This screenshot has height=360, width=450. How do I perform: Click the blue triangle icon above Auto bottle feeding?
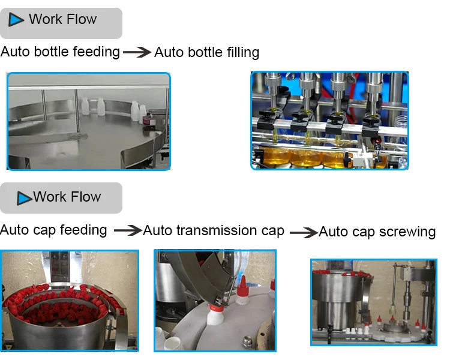(x=17, y=20)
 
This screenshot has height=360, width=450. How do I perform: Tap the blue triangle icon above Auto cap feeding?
(x=25, y=198)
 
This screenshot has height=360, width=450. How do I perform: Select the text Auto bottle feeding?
(x=60, y=52)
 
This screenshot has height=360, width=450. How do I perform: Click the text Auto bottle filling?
(x=206, y=52)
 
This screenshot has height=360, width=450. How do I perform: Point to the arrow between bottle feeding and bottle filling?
(x=137, y=53)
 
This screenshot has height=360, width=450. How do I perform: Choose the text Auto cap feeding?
(x=53, y=230)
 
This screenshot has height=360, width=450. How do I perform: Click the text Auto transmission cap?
(x=214, y=230)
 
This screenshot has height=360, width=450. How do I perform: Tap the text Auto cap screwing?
(x=377, y=232)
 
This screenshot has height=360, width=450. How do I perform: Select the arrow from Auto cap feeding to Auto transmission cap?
(x=127, y=230)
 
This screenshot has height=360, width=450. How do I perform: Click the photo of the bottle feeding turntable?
(x=88, y=121)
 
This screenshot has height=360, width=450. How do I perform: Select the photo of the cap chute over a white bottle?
(x=215, y=299)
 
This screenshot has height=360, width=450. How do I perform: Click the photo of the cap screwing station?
(x=373, y=302)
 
